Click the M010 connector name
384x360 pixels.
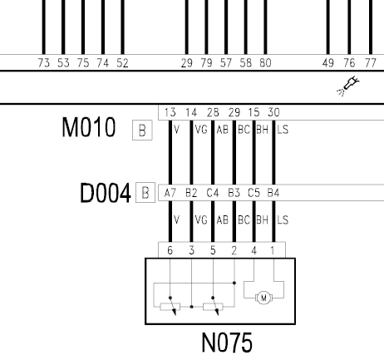click(x=88, y=127)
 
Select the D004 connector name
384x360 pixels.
click(x=105, y=193)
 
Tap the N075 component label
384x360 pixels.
click(x=227, y=343)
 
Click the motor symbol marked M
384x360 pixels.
click(x=263, y=298)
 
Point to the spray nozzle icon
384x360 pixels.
click(x=347, y=86)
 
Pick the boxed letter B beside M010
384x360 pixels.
click(x=142, y=130)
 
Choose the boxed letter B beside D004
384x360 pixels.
click(x=145, y=193)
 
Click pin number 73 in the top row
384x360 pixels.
click(x=44, y=63)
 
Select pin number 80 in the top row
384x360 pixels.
click(x=265, y=63)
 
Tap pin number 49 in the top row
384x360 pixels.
click(x=328, y=63)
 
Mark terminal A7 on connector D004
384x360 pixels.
click(x=170, y=193)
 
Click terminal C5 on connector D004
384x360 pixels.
click(x=254, y=193)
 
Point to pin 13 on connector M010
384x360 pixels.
click(x=170, y=112)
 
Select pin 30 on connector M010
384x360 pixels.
click(x=273, y=112)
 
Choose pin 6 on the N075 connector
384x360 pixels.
click(x=170, y=250)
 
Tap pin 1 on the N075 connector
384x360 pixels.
click(x=273, y=250)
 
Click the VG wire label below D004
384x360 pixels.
click(x=201, y=220)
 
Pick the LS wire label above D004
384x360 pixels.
click(x=283, y=130)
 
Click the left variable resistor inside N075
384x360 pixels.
click(x=170, y=307)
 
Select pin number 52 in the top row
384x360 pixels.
click(x=122, y=63)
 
